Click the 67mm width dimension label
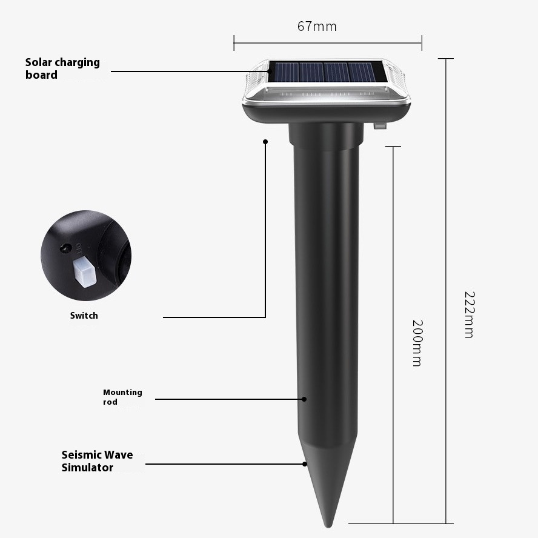(317, 27)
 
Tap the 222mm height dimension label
(469, 314)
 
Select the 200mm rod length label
(417, 343)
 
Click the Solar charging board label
(62, 68)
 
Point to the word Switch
(84, 316)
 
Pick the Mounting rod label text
(122, 397)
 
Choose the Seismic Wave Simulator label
(97, 461)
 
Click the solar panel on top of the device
(327, 72)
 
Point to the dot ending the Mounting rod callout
(305, 399)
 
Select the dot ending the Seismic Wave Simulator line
(305, 464)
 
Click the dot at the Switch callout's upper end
(265, 142)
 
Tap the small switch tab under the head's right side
(380, 126)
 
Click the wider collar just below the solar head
(326, 136)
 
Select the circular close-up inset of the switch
(85, 256)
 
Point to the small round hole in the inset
(62, 248)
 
